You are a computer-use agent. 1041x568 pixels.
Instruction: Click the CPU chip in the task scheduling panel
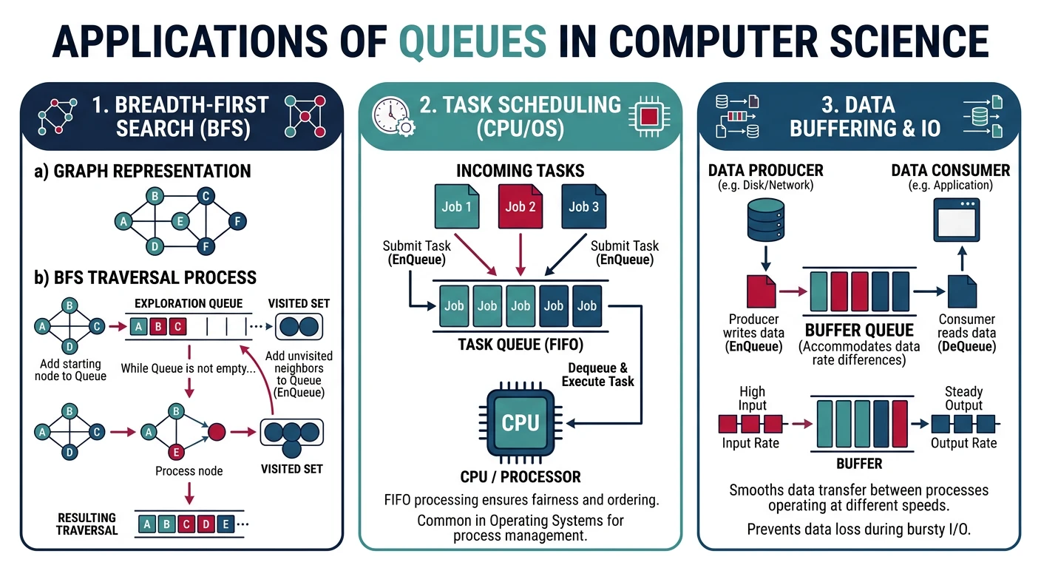click(x=520, y=422)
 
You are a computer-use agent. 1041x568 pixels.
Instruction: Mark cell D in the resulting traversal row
click(x=206, y=524)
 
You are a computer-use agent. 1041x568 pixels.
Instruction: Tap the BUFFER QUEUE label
click(x=859, y=331)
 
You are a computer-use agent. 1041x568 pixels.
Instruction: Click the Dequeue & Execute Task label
click(x=598, y=374)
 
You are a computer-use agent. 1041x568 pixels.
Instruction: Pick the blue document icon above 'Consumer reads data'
click(x=962, y=291)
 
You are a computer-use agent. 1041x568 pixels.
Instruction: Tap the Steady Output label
click(x=963, y=398)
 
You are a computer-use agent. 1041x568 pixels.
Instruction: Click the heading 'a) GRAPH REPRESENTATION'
click(x=143, y=172)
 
